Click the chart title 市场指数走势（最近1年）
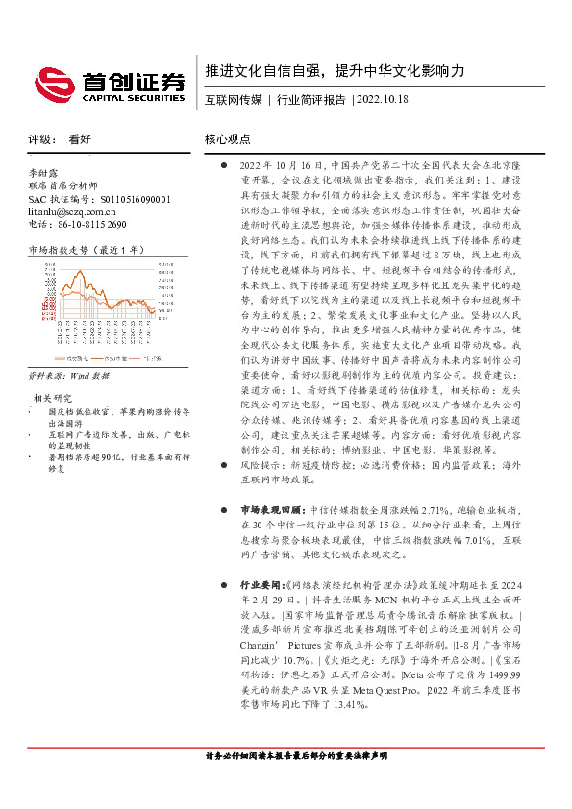pyautogui.click(x=87, y=249)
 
